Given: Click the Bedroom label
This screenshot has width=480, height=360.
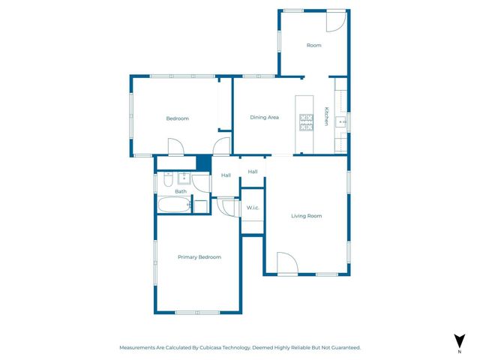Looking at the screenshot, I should pos(177,118).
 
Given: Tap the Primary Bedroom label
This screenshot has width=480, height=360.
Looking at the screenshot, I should pos(199,257).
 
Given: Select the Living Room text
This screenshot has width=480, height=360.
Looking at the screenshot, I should pos(306,216).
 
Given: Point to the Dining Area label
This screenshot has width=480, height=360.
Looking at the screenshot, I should pos(264,117).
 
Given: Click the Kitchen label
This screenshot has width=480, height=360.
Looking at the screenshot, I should pos(326,117).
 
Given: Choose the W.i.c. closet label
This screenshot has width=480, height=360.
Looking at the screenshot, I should pos(252,207).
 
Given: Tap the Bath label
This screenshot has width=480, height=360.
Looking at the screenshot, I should pos(181,191).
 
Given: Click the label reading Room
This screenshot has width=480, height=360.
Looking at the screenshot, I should pos(313,46).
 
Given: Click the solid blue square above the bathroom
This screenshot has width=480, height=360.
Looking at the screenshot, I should pos(202,162).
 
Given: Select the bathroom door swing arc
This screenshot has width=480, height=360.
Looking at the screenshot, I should pos(223,205).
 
